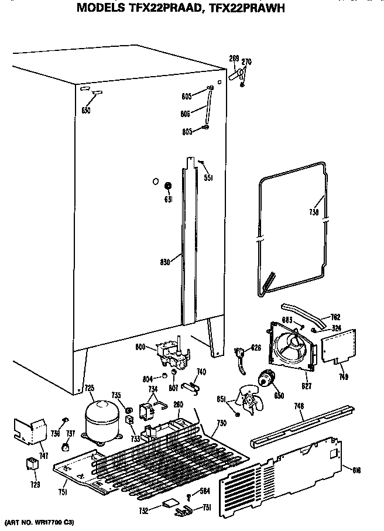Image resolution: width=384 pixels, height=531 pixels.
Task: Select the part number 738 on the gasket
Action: (314, 213)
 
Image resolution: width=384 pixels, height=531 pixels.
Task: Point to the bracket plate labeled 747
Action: (29, 432)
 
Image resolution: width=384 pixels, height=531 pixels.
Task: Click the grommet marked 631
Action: (168, 187)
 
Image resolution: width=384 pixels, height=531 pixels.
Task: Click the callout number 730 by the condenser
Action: (220, 423)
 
